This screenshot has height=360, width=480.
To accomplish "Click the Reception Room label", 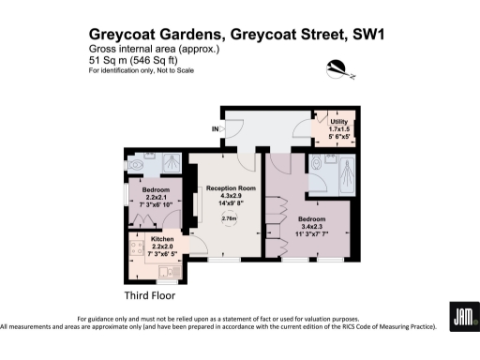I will [x=230, y=187].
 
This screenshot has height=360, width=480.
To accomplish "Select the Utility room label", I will [x=338, y=121].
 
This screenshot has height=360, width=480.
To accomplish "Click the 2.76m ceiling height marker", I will [x=229, y=218].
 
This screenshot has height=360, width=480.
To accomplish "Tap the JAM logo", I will [x=462, y=317].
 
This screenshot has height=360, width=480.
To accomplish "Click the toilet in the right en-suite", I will [x=317, y=164].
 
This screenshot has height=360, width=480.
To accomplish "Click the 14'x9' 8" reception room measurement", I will [x=230, y=202].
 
